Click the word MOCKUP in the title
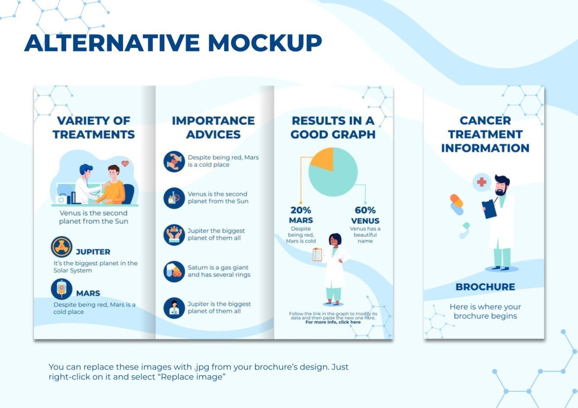[x=265, y=43]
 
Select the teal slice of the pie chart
[x=335, y=177]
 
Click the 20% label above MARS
[x=300, y=210]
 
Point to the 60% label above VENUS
[x=365, y=210]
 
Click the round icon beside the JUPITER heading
[x=61, y=247]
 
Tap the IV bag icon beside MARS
[x=61, y=289]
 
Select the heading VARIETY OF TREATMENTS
[x=94, y=127]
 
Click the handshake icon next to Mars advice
[x=174, y=161]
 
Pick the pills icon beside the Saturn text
[x=174, y=272]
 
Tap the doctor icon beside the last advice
[x=174, y=308]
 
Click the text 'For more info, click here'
[x=333, y=322]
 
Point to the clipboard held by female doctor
[x=317, y=255]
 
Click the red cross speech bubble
[x=482, y=182]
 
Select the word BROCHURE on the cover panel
[x=485, y=287]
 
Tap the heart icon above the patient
[x=125, y=164]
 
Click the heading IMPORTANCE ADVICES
[x=213, y=127]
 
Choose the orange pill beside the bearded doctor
[x=457, y=201]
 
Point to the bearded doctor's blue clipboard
[x=489, y=209]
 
